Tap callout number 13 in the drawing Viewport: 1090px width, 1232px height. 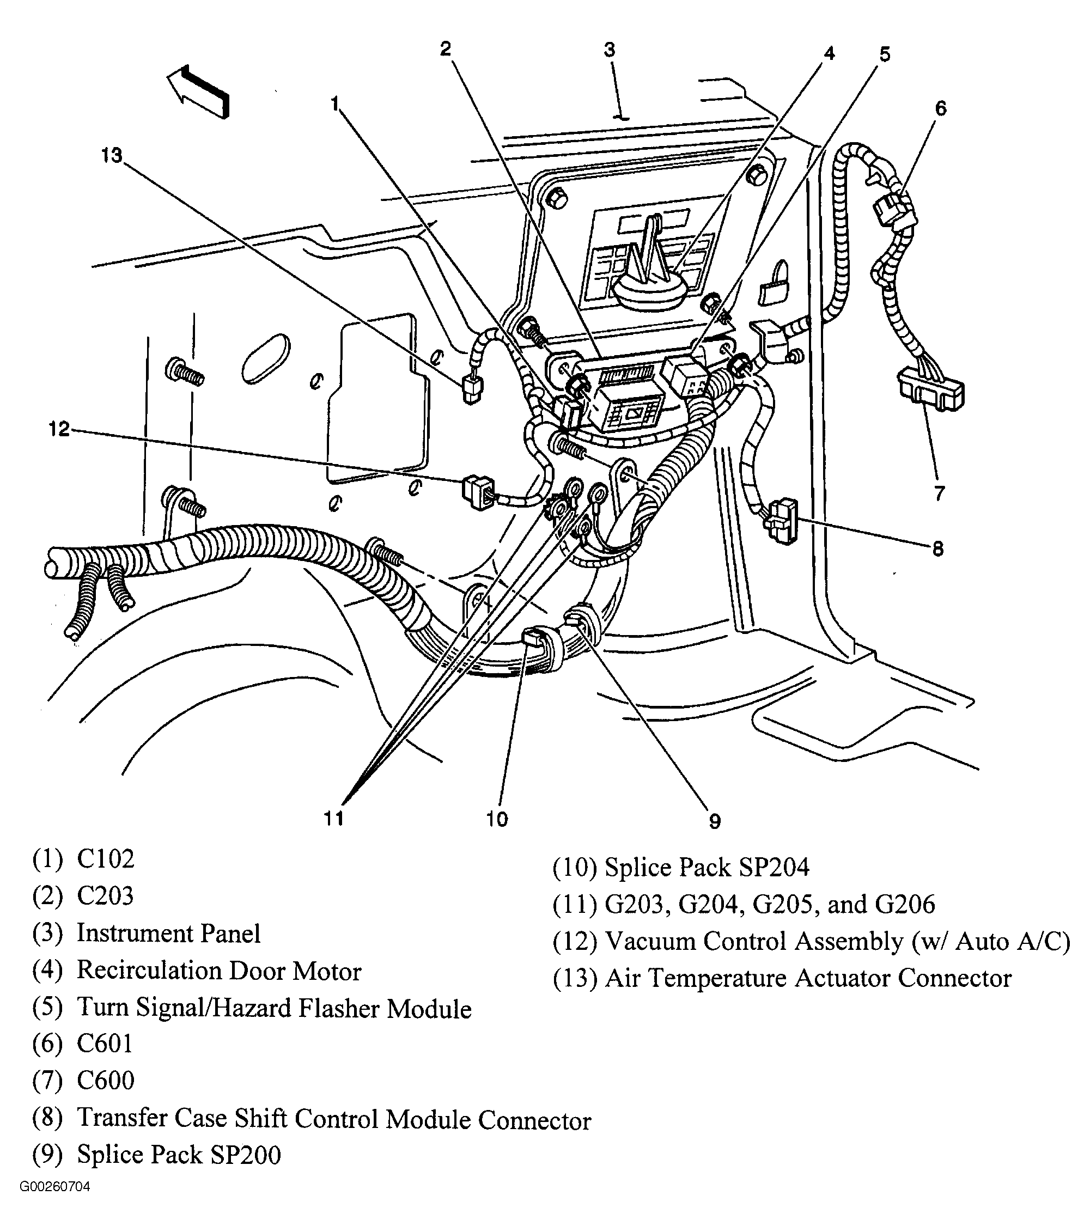click(x=112, y=156)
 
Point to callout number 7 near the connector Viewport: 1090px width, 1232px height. click(x=939, y=493)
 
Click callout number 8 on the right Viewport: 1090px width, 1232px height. click(x=937, y=549)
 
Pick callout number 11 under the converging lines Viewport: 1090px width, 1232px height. click(x=333, y=819)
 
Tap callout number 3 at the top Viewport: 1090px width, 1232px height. click(x=610, y=50)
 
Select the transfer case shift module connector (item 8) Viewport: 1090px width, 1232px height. click(x=781, y=520)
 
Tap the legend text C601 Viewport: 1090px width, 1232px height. click(x=105, y=1044)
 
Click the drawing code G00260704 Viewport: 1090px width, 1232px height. click(x=55, y=1187)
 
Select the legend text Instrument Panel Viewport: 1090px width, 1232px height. click(x=168, y=934)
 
